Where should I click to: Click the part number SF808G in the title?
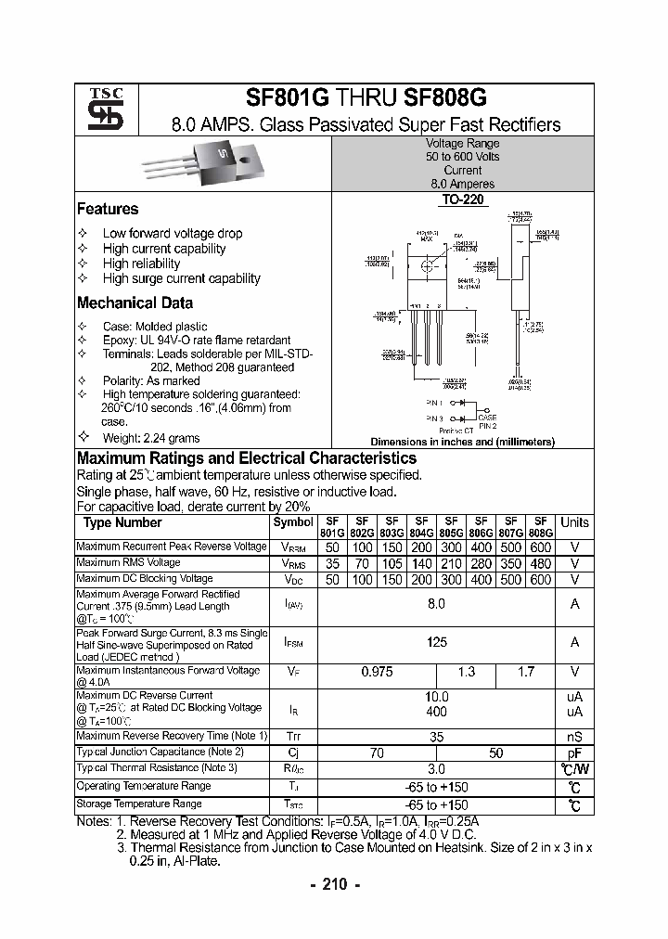point(445,99)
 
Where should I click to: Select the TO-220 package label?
point(462,199)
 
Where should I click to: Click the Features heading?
point(108,210)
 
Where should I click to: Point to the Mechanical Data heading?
point(135,303)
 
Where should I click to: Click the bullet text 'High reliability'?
point(142,264)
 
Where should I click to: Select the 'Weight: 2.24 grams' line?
point(151,438)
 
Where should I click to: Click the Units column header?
point(574,522)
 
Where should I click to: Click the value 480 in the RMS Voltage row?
point(542,563)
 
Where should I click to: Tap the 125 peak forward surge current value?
point(436,642)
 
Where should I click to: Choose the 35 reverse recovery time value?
point(436,736)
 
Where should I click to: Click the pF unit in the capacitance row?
point(574,752)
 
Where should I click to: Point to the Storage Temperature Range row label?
point(139,804)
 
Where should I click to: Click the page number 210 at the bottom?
point(333,884)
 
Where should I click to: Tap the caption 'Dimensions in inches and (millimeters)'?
point(462,443)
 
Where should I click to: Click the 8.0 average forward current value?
point(436,604)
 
